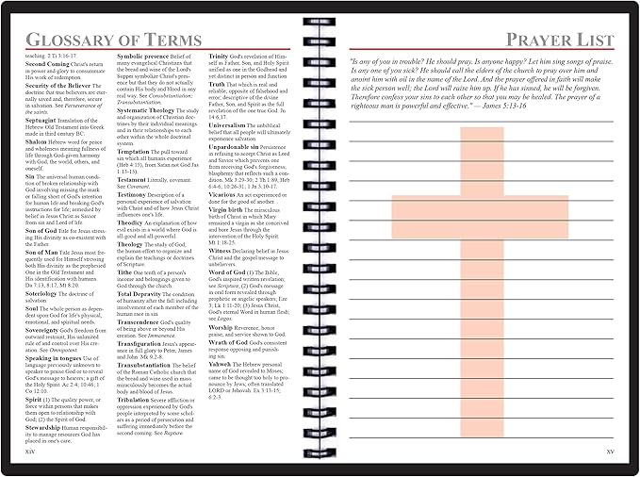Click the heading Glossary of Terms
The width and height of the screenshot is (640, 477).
[113, 39]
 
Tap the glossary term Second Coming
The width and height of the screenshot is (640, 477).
[51, 65]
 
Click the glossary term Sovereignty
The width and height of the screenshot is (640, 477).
[47, 331]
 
